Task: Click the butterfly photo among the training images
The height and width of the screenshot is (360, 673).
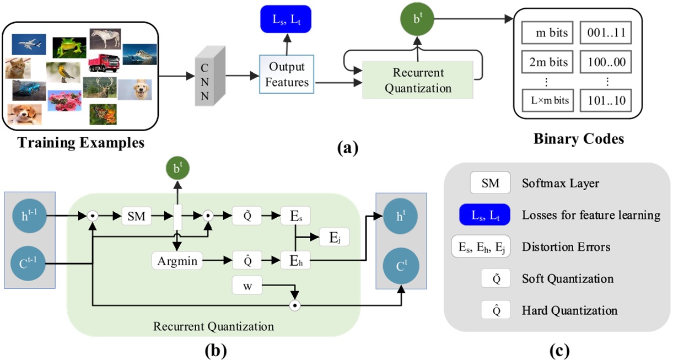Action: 103,114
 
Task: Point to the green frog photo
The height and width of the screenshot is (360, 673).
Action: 69,47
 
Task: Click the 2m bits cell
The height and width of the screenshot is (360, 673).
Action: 548,62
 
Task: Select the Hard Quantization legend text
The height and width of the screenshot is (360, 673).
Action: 569,311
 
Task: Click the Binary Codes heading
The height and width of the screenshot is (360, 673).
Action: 578,139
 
